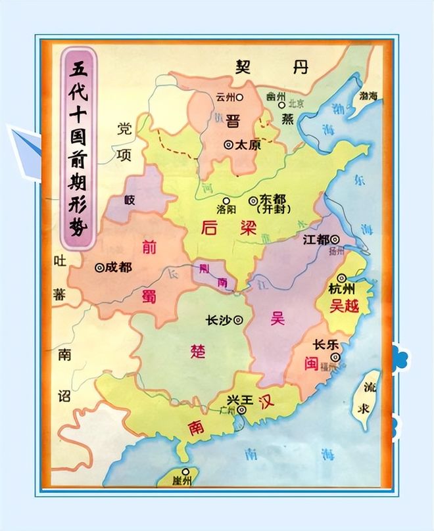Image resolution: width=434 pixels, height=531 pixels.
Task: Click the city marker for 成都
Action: [100, 267]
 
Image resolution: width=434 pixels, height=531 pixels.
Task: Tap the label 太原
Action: [248, 145]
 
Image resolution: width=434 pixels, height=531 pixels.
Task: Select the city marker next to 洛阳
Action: [226, 200]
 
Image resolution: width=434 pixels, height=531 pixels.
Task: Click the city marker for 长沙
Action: [238, 320]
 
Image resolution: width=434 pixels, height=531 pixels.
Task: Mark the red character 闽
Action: [312, 363]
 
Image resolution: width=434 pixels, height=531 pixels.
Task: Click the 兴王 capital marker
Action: [242, 410]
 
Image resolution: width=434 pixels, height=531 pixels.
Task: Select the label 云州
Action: [225, 97]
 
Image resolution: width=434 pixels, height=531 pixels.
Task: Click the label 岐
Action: [130, 200]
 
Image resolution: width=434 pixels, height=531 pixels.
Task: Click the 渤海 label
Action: [368, 96]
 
